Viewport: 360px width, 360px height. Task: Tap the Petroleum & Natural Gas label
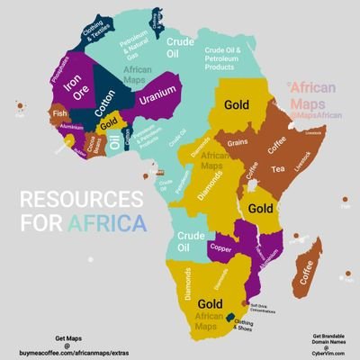coord(135,46)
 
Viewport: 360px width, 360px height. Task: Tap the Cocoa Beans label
coord(93,143)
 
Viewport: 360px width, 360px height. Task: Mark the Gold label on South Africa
coord(210,303)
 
